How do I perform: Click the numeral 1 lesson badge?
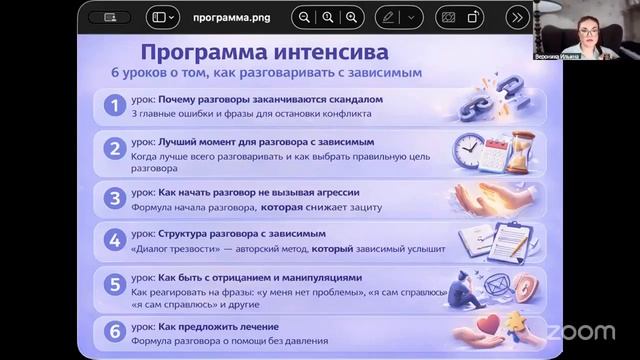click(x=115, y=106)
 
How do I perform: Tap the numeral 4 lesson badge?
click(x=115, y=240)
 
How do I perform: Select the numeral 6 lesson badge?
click(x=115, y=330)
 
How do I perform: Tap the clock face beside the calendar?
click(x=468, y=150)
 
